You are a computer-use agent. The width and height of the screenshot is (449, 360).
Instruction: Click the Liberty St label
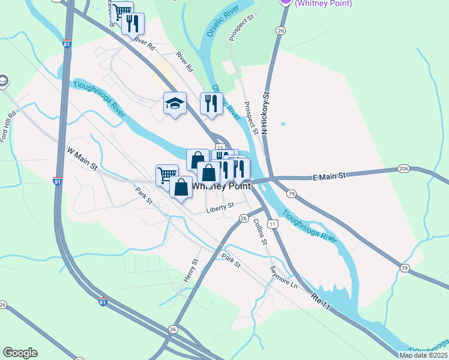click(x=219, y=207)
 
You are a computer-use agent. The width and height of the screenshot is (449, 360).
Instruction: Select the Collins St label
click(x=259, y=231)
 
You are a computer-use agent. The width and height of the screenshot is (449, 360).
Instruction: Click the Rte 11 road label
click(x=321, y=301)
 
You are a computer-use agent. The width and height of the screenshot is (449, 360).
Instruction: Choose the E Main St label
click(x=330, y=176)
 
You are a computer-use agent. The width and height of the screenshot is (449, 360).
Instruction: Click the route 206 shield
click(x=403, y=169)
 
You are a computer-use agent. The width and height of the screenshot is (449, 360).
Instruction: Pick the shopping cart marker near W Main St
click(x=166, y=175)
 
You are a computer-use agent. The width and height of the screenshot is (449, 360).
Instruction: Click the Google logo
click(x=20, y=353)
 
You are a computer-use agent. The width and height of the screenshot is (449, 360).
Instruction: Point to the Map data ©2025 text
click(x=423, y=355)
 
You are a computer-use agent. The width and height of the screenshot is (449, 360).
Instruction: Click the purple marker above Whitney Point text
click(x=286, y=2)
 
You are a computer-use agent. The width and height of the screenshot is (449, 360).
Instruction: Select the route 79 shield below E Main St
click(x=291, y=194)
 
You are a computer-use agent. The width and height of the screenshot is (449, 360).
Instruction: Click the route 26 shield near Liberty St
click(x=244, y=219)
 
